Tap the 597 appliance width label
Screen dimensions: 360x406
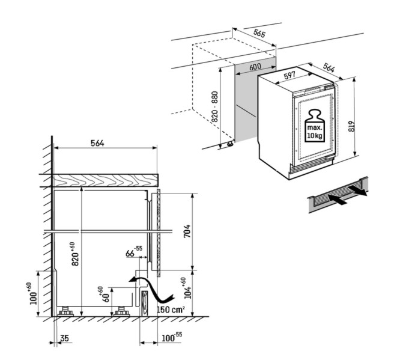click(290, 76)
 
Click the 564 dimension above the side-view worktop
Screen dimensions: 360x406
click(97, 143)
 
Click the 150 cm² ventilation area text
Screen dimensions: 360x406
click(171, 309)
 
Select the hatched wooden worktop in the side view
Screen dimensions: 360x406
click(105, 179)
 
